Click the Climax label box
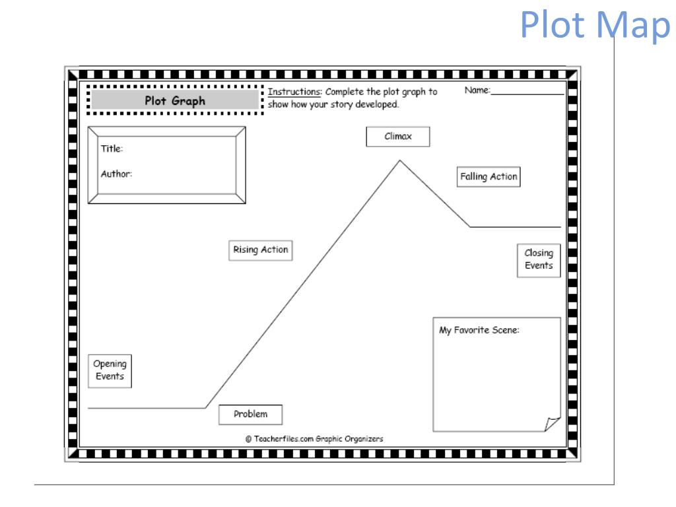pos(398,137)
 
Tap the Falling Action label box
pos(489,177)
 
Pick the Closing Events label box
pos(539,260)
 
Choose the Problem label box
pos(251,415)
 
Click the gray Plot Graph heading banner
pos(175,101)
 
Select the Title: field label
pos(112,149)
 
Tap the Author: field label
pos(117,174)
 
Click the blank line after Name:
pos(527,92)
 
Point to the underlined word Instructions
pos(291,92)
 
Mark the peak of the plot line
pos(399,160)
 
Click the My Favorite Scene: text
pos(479,330)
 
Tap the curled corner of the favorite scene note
pos(552,423)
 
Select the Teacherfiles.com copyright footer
pos(314,438)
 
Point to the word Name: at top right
pos(477,90)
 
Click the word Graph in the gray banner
pos(190,101)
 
